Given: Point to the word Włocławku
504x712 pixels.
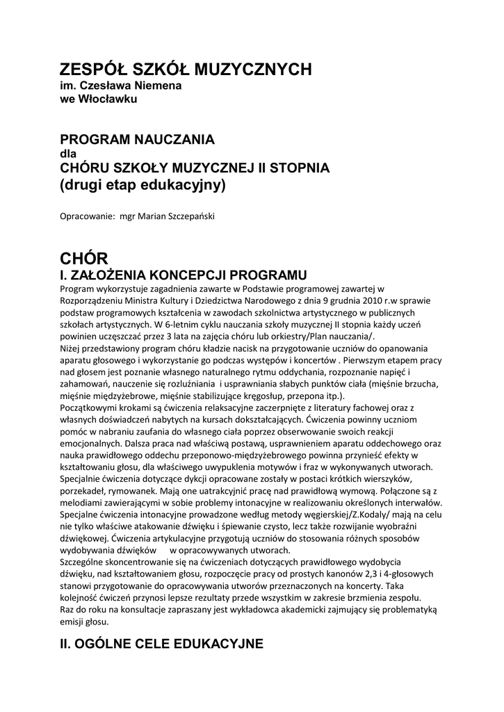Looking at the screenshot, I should point(108,99).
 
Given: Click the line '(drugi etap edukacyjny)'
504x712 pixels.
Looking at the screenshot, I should point(143,185).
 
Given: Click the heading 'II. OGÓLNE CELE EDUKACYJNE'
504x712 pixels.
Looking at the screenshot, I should point(161,644).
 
